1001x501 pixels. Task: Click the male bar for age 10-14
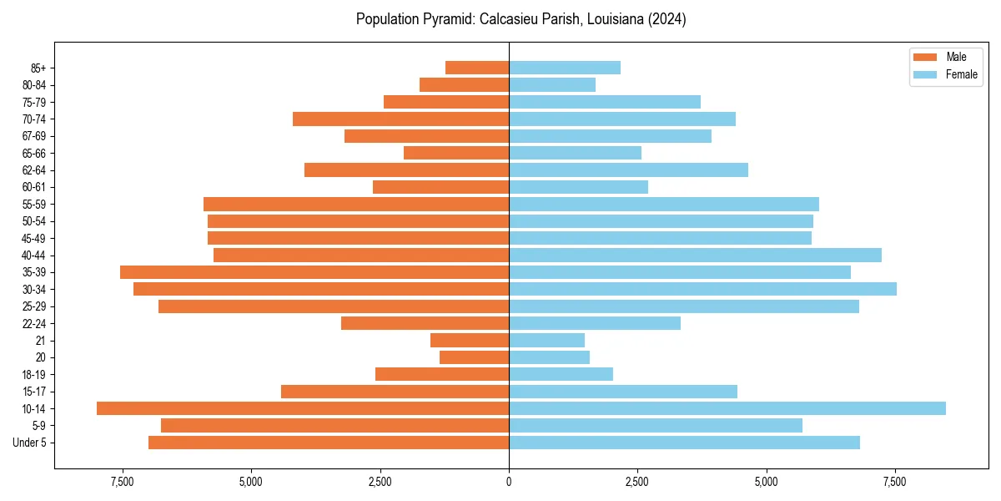click(x=303, y=408)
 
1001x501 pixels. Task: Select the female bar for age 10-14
click(x=727, y=408)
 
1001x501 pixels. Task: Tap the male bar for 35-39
click(x=314, y=272)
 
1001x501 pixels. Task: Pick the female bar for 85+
click(x=565, y=68)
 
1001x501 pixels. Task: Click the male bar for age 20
click(x=474, y=357)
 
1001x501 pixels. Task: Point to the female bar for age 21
click(x=546, y=340)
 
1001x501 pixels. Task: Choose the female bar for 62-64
click(x=628, y=170)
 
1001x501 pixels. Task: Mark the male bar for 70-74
click(x=400, y=119)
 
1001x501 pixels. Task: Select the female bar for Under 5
click(x=684, y=443)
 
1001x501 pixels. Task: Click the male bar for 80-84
click(x=464, y=84)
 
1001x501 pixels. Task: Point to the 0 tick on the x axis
click(x=509, y=483)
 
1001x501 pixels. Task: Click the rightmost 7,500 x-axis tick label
click(x=895, y=483)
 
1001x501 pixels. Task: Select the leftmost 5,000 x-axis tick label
click(x=251, y=483)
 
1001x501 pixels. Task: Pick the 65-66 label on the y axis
click(x=34, y=153)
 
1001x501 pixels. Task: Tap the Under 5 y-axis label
click(x=30, y=443)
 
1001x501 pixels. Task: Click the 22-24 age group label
click(x=34, y=323)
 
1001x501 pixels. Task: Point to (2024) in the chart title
click(x=665, y=19)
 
